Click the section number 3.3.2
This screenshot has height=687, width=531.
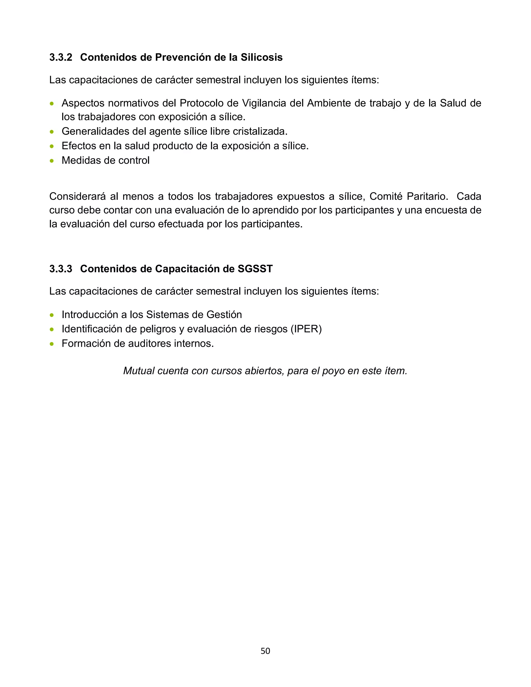[61, 58]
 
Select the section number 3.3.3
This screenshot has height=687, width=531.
[61, 269]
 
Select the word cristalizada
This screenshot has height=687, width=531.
[260, 131]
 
